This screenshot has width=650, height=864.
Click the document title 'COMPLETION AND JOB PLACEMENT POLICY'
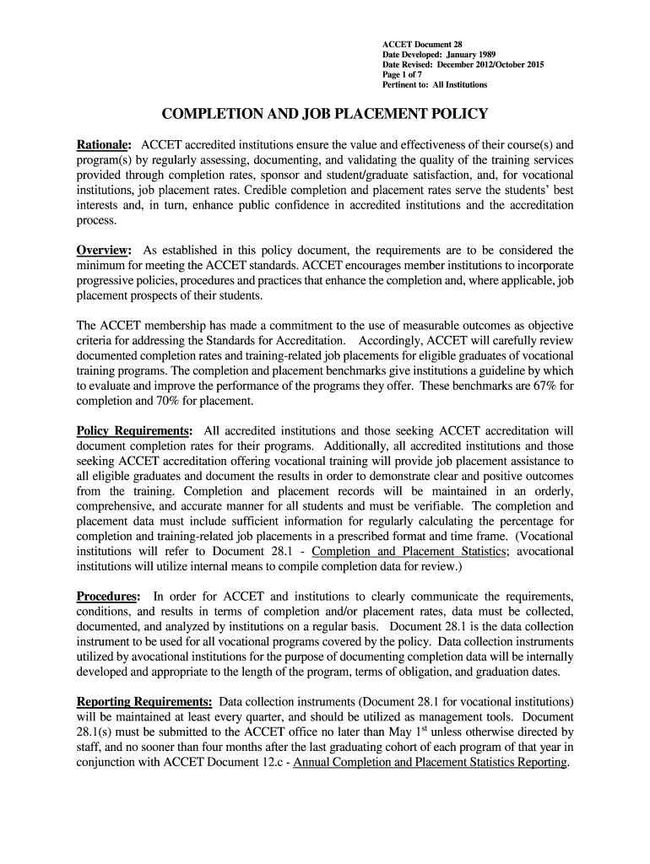[324, 115]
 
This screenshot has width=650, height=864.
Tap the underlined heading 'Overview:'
[104, 251]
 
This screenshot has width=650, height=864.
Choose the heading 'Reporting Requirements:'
[144, 702]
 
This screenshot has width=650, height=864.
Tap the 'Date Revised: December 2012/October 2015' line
[463, 64]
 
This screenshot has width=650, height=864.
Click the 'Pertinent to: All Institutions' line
[435, 84]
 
